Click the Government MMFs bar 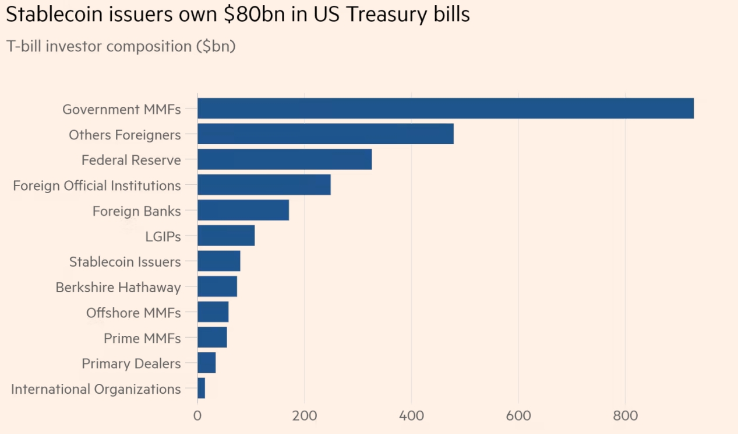pyautogui.click(x=446, y=108)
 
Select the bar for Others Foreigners pyautogui.click(x=325, y=134)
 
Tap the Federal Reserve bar pyautogui.click(x=284, y=159)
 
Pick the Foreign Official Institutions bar pyautogui.click(x=264, y=185)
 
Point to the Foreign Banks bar pyautogui.click(x=243, y=210)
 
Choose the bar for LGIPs pyautogui.click(x=226, y=236)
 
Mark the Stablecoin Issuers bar pyautogui.click(x=218, y=261)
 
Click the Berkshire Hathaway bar pyautogui.click(x=217, y=286)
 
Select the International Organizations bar pyautogui.click(x=202, y=388)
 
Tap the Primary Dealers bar pyautogui.click(x=207, y=363)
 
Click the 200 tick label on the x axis pyautogui.click(x=304, y=416)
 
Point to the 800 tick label pyautogui.click(x=625, y=416)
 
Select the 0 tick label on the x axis pyautogui.click(x=197, y=416)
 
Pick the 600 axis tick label pyautogui.click(x=518, y=416)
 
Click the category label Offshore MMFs pyautogui.click(x=133, y=313)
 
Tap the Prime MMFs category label pyautogui.click(x=142, y=338)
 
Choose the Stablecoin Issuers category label pyautogui.click(x=125, y=262)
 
